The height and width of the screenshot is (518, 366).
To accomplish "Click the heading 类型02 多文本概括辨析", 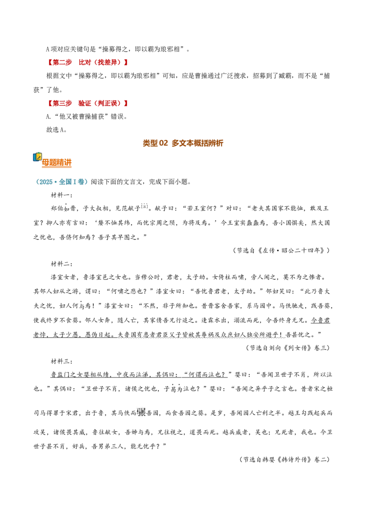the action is click(x=183, y=143).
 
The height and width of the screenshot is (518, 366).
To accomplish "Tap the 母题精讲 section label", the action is click(x=56, y=162).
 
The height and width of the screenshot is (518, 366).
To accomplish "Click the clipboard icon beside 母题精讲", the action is click(x=38, y=157).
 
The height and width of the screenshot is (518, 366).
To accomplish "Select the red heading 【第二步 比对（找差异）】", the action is click(x=87, y=62).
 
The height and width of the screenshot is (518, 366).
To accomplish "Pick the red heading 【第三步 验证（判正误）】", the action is click(x=87, y=103).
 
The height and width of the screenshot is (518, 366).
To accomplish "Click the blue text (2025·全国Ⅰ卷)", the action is click(x=61, y=182).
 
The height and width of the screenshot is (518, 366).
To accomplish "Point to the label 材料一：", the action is click(x=62, y=195).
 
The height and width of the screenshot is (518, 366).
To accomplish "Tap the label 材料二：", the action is click(x=62, y=264).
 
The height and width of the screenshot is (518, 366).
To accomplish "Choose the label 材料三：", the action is click(x=62, y=362).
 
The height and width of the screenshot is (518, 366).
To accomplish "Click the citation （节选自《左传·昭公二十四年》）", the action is click(x=281, y=250).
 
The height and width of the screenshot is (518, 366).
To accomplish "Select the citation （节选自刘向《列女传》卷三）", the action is click(x=288, y=348).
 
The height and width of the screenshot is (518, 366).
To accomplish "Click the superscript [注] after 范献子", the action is click(x=145, y=206).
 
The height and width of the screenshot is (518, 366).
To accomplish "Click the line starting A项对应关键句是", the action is click(x=118, y=49).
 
